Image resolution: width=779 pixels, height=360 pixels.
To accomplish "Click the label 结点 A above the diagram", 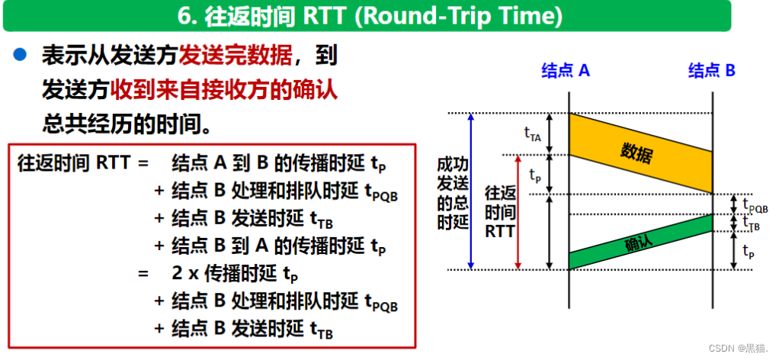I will pos(566,71).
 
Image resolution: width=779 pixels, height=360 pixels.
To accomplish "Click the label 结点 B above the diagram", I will pos(712,71).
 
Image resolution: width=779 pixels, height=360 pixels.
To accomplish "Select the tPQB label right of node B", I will pos(754,204).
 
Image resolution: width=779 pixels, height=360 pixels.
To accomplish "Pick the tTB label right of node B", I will pos(752,222).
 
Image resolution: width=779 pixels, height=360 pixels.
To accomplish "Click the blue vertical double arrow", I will pos(473,191).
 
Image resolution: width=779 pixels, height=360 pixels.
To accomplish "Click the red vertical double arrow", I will pos(518,212).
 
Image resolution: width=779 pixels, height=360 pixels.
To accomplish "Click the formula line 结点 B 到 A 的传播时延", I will pos(280,246).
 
